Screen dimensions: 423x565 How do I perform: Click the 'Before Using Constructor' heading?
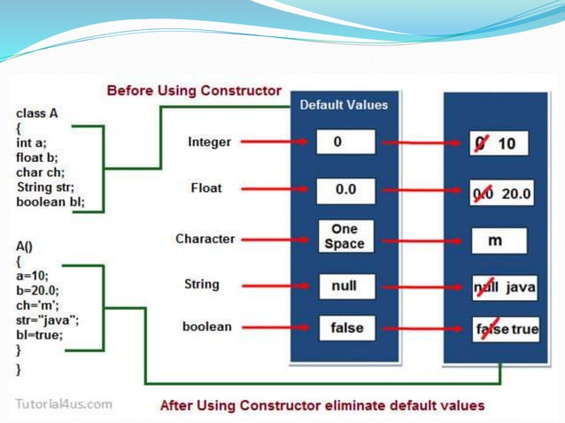pyautogui.click(x=194, y=90)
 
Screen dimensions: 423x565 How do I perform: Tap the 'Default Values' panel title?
pyautogui.click(x=344, y=104)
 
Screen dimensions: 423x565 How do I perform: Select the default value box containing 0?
pyautogui.click(x=345, y=142)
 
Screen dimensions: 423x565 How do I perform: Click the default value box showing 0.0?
pyautogui.click(x=345, y=189)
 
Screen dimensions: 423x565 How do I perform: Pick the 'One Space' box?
pyautogui.click(x=345, y=236)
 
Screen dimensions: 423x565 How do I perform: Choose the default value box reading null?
pyautogui.click(x=345, y=286)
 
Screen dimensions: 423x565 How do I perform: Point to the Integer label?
pyautogui.click(x=210, y=142)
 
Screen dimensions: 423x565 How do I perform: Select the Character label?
pyautogui.click(x=205, y=238)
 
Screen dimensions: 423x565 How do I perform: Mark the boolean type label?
pyautogui.click(x=206, y=327)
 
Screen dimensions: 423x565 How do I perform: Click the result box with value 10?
pyautogui.click(x=499, y=142)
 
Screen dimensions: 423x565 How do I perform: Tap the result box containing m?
pyautogui.click(x=498, y=241)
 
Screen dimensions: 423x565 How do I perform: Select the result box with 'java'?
pyautogui.click(x=502, y=288)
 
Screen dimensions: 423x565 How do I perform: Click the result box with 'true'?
pyautogui.click(x=503, y=329)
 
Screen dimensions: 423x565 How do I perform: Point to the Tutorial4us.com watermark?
pyautogui.click(x=64, y=404)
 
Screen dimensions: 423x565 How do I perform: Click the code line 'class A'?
pyautogui.click(x=37, y=114)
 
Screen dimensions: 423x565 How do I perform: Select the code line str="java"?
pyautogui.click(x=47, y=321)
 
